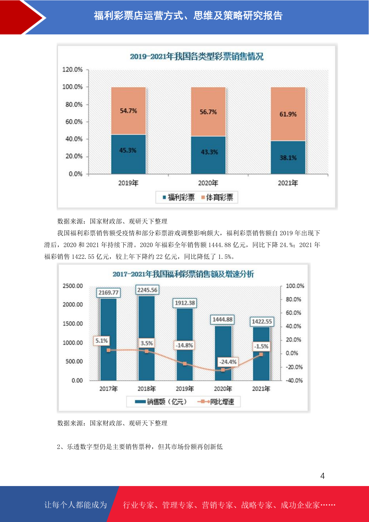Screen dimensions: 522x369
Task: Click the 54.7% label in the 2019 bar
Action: click(128, 111)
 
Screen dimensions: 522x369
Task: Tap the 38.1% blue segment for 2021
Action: click(288, 157)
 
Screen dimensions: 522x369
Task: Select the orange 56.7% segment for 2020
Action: click(208, 112)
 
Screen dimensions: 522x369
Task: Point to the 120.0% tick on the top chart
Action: click(72, 69)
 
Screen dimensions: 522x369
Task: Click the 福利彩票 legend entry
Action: click(179, 197)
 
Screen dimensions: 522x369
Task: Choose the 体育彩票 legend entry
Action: click(217, 197)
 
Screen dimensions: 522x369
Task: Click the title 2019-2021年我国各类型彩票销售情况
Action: click(196, 56)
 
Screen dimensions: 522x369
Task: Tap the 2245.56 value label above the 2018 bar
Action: click(147, 290)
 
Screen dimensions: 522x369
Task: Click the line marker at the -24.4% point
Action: click(223, 370)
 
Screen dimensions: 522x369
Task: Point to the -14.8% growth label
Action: click(184, 345)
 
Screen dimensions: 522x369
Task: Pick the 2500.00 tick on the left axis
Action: click(73, 286)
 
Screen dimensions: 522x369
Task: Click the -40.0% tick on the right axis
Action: click(294, 380)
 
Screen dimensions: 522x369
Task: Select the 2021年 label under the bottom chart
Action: click(261, 389)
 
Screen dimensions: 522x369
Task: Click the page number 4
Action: click(323, 476)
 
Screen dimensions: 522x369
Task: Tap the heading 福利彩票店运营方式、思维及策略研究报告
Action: click(188, 15)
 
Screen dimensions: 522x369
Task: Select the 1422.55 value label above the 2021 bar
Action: click(262, 321)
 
